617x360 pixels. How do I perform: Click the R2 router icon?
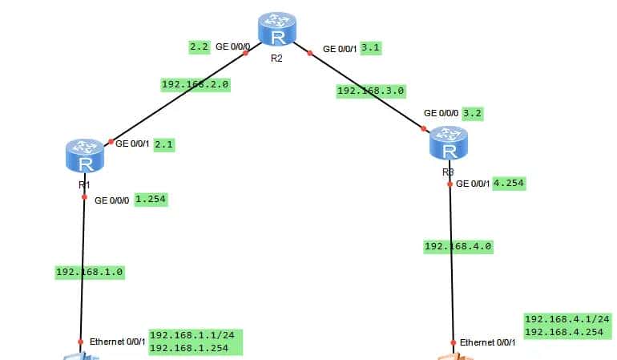tap(277, 30)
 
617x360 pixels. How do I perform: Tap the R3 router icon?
tap(449, 144)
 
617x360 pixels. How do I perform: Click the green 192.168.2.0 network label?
tap(196, 84)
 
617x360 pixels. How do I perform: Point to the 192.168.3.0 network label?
tap(370, 91)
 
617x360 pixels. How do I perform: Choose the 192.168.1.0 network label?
tap(89, 272)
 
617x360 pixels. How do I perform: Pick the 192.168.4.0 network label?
tap(458, 246)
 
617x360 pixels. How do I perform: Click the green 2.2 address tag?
tap(199, 47)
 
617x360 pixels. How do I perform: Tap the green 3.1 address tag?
tap(371, 48)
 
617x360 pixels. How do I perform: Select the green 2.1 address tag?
tap(163, 144)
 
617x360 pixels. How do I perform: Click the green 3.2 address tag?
tap(473, 113)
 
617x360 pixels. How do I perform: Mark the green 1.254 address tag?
tap(151, 200)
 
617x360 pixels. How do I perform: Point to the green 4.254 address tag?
tap(508, 183)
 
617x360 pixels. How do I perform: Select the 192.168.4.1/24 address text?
tap(567, 319)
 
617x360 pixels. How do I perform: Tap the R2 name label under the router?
tap(277, 58)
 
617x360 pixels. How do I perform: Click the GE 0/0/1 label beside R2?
tap(340, 49)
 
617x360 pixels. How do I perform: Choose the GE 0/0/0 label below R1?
tap(112, 200)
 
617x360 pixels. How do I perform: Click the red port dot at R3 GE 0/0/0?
tap(423, 128)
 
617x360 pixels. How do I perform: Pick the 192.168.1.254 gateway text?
tap(189, 348)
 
